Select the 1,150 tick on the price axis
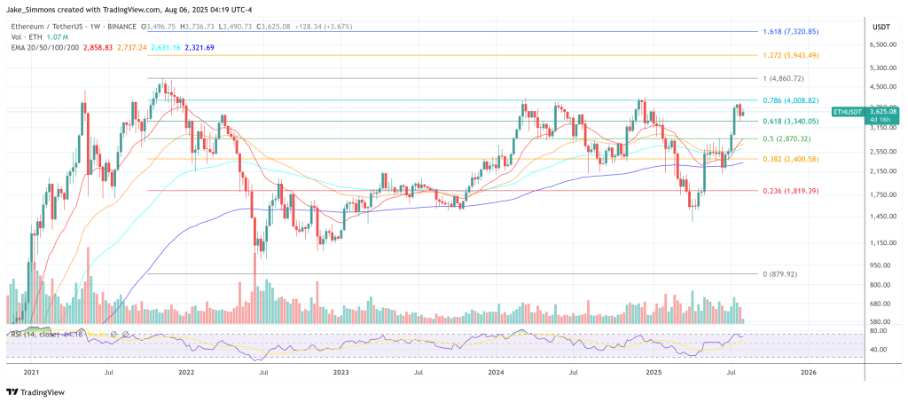click(x=881, y=242)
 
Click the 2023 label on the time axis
click(x=340, y=374)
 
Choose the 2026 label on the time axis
click(x=808, y=374)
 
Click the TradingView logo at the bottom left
click(x=36, y=391)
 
